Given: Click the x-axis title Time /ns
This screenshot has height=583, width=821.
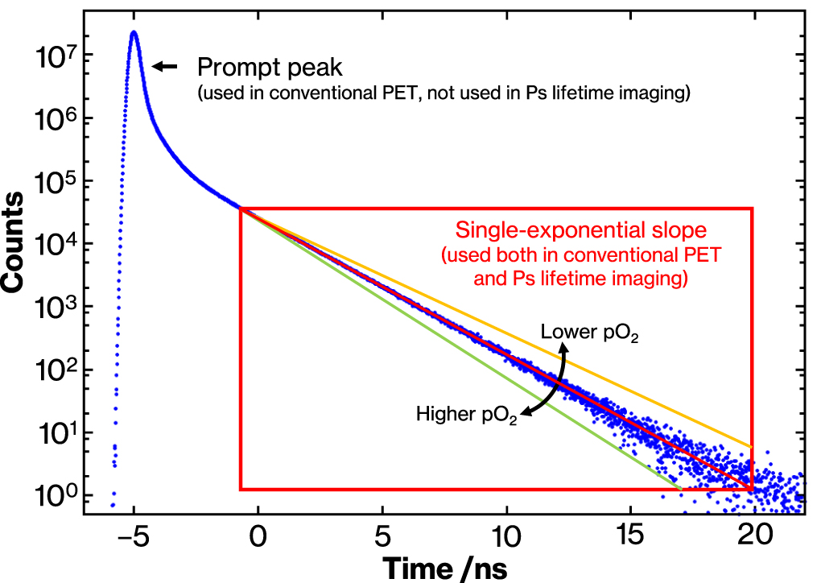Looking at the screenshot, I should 444,567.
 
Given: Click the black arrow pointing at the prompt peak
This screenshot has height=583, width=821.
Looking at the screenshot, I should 165,68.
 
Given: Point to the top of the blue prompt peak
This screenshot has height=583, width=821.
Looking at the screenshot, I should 134,33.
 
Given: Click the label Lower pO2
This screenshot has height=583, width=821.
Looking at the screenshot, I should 589,333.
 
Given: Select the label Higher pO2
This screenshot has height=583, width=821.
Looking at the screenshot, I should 466,416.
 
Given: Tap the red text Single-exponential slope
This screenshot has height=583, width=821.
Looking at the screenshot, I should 581,230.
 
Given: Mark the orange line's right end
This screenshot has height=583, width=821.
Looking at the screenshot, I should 751,446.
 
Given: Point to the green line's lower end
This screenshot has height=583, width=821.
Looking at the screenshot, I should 680,488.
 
